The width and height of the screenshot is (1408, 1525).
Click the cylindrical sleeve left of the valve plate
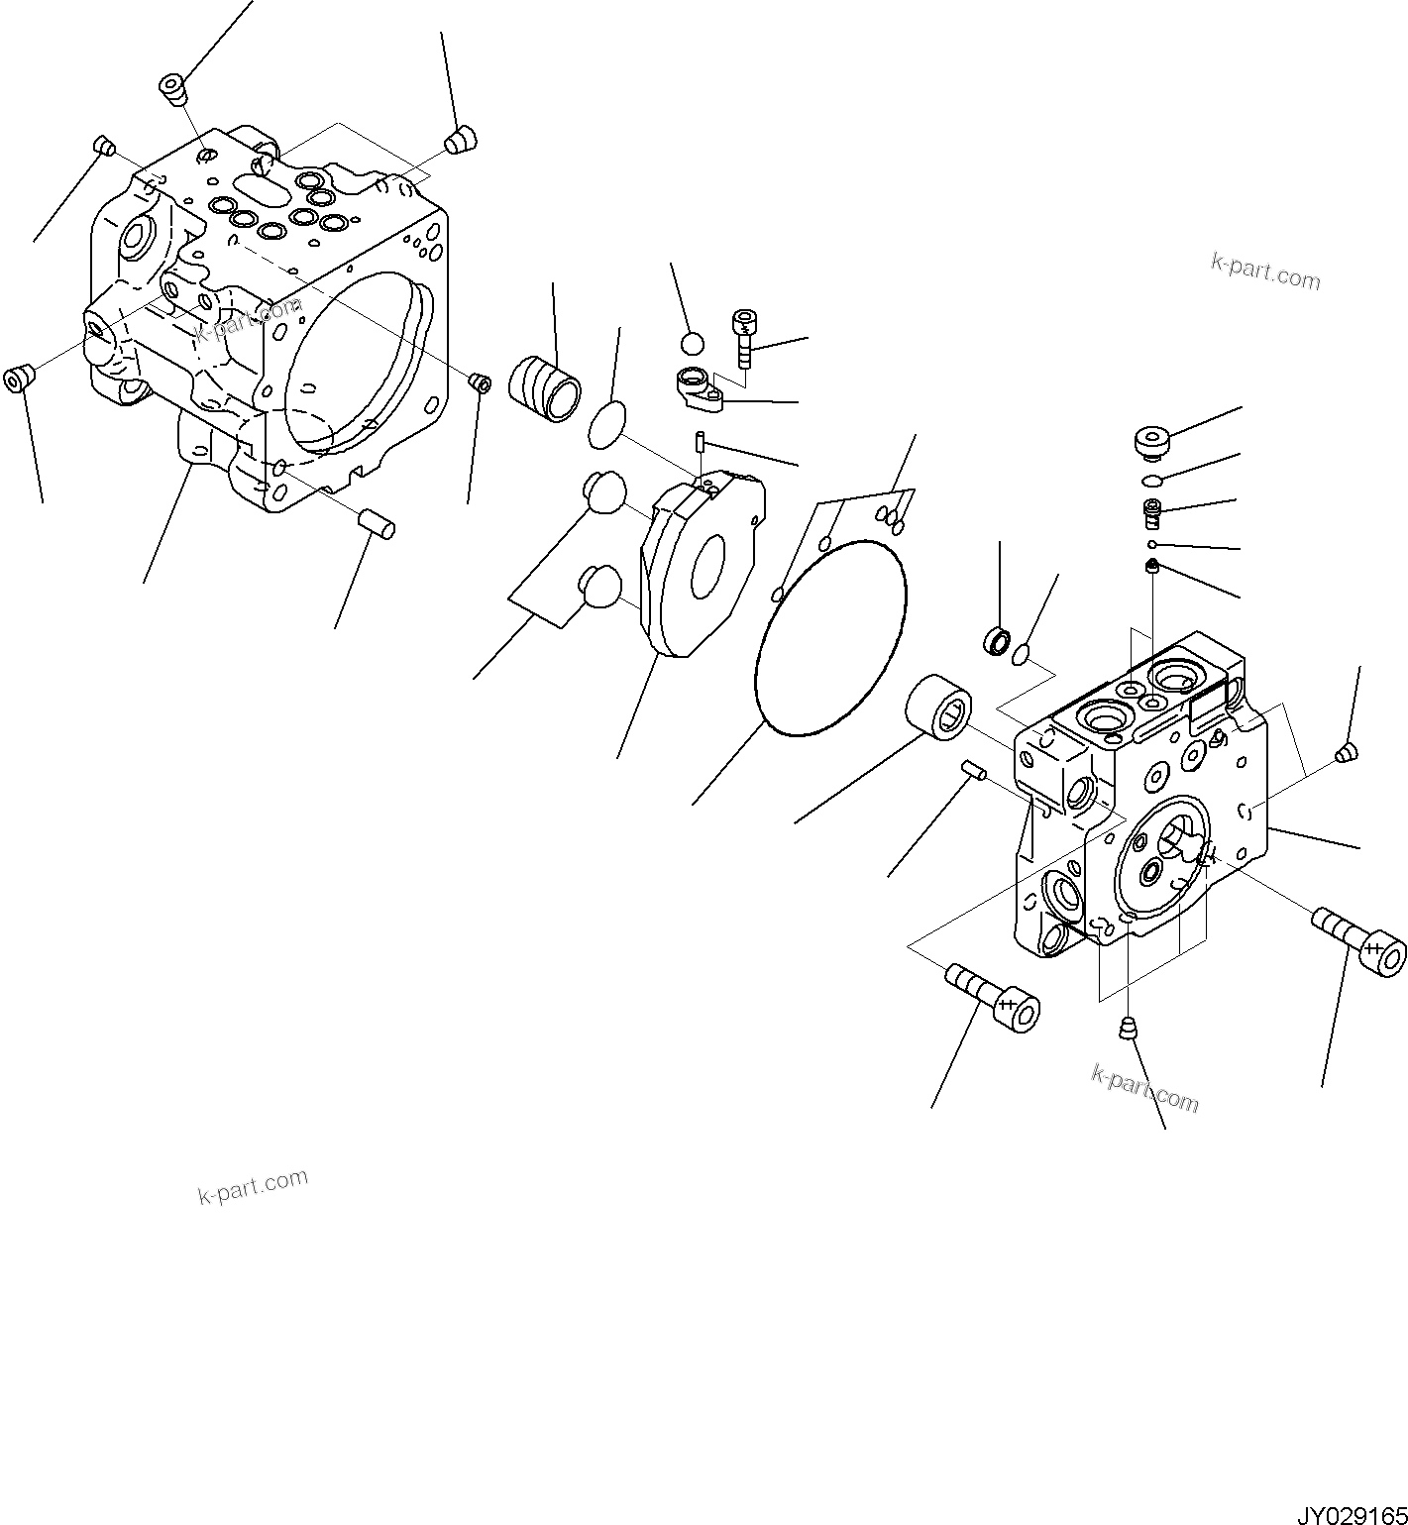click(544, 389)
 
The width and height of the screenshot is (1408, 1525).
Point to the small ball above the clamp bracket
click(693, 344)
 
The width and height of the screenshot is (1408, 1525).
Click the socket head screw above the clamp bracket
click(744, 338)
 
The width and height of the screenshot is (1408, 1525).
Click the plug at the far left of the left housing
click(19, 379)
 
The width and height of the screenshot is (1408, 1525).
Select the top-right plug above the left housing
click(461, 141)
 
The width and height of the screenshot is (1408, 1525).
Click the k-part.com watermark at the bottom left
click(253, 1185)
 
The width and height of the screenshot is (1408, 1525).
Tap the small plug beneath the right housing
click(1127, 1031)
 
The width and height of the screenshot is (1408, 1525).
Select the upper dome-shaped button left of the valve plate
click(602, 491)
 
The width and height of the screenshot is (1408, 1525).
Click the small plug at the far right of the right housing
click(1345, 753)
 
